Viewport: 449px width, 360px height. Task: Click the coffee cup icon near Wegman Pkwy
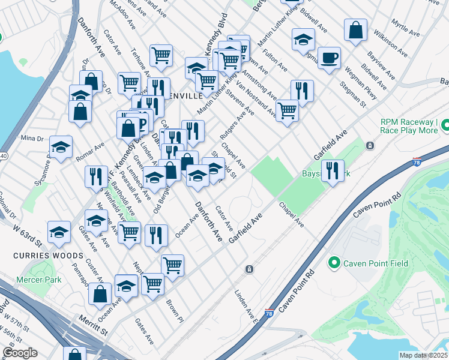click(329, 58)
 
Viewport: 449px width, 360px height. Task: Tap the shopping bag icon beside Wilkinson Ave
click(356, 31)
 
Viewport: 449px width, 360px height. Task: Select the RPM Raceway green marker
click(445, 125)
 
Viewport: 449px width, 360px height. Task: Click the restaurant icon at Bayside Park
click(332, 171)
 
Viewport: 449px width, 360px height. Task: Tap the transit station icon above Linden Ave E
click(249, 270)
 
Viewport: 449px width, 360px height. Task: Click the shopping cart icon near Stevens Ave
click(288, 110)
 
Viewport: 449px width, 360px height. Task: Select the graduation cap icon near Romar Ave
click(61, 147)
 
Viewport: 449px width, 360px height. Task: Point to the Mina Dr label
click(32, 138)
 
